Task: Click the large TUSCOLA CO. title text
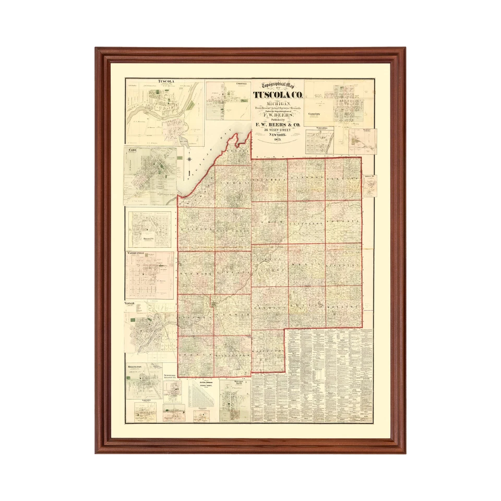pyautogui.click(x=277, y=95)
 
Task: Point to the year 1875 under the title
pyautogui.click(x=278, y=140)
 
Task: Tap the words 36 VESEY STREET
pyautogui.click(x=278, y=130)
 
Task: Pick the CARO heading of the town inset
pyautogui.click(x=132, y=150)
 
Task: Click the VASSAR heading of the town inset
pyautogui.click(x=130, y=302)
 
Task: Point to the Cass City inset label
pyautogui.click(x=314, y=113)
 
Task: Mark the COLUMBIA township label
pyautogui.click(x=269, y=180)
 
